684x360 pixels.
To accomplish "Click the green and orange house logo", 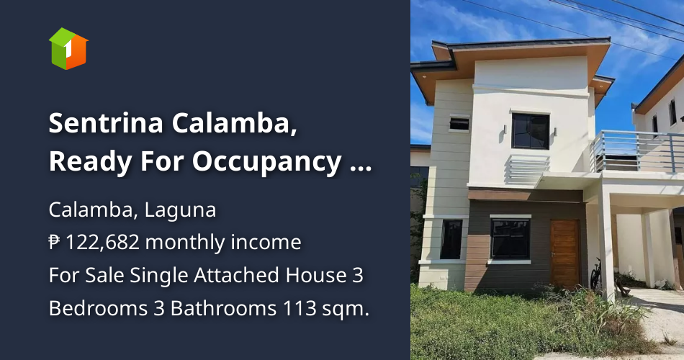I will pos(68,49).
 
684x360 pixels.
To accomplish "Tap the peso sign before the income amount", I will pos(55,243).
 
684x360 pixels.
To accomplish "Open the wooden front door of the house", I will pos(565,253).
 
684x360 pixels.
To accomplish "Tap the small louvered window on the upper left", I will pos(459,123).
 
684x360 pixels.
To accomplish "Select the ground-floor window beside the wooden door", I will pos(510,239).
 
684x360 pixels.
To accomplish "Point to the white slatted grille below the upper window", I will pos(527,168).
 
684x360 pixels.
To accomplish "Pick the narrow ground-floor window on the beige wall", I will pos(451,239).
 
